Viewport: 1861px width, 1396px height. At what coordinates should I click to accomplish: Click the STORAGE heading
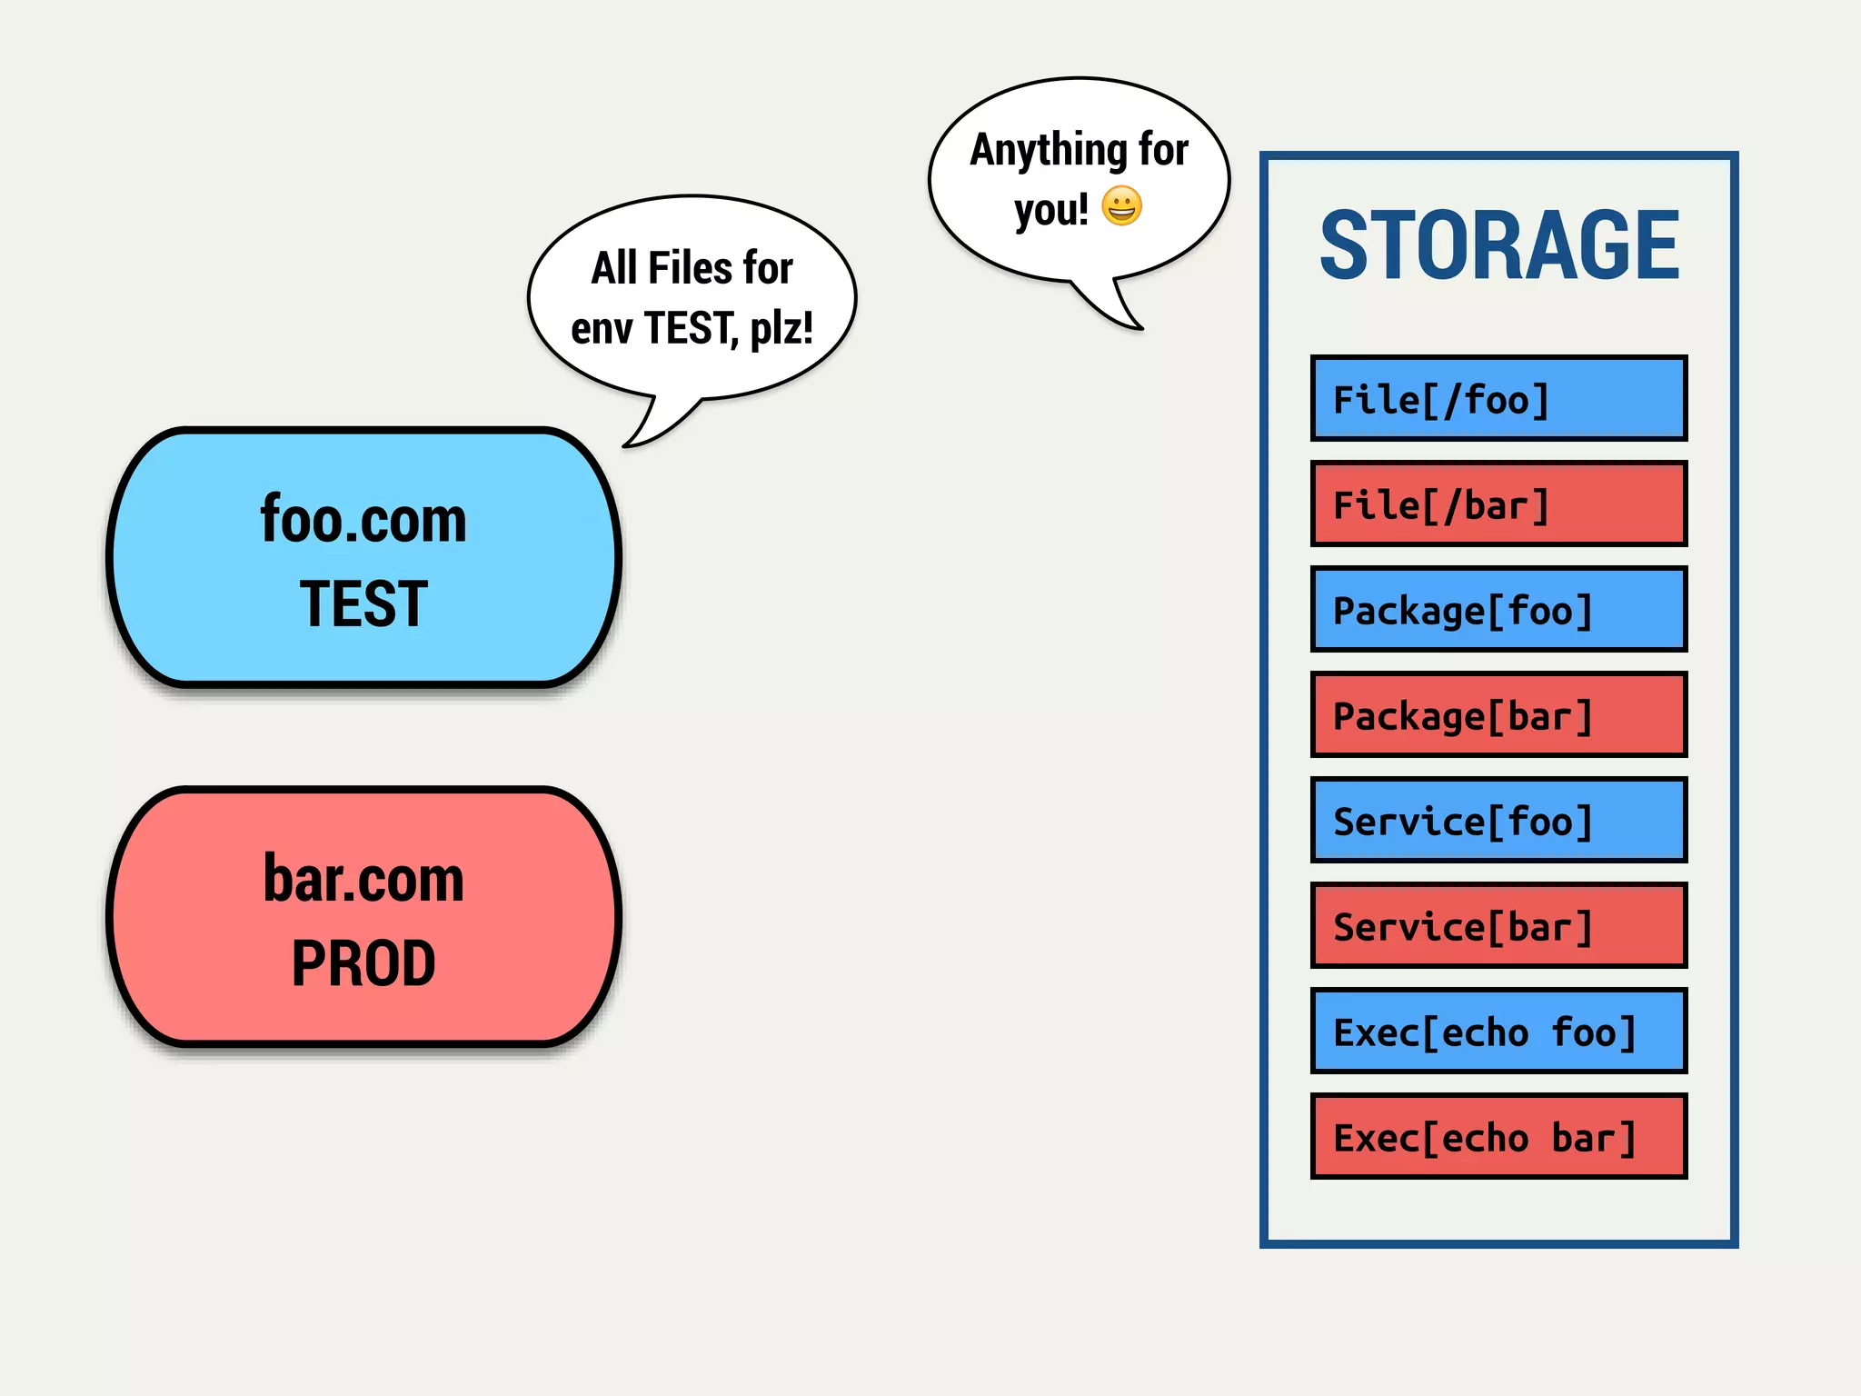[1499, 245]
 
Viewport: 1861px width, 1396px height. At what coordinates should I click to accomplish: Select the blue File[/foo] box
[1498, 399]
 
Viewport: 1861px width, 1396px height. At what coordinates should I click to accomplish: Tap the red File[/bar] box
[1498, 504]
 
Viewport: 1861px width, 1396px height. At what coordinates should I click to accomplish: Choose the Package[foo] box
[1498, 610]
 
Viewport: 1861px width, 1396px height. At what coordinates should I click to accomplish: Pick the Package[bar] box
[1498, 715]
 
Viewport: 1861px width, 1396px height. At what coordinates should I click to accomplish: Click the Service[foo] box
[1498, 821]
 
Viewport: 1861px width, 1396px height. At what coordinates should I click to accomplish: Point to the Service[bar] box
[1498, 926]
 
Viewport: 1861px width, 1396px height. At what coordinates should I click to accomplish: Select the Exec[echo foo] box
[1498, 1032]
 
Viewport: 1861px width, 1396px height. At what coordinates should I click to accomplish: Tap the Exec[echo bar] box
[1498, 1137]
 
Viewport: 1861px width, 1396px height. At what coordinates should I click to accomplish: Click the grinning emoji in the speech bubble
[1121, 206]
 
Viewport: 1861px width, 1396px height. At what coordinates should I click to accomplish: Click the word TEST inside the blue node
[363, 604]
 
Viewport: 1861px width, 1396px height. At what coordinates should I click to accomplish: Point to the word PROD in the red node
[363, 963]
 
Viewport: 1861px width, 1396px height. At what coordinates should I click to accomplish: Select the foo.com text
[363, 520]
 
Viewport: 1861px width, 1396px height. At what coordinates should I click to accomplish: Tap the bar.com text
[363, 879]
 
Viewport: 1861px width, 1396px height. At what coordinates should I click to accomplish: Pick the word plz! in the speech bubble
[781, 327]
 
